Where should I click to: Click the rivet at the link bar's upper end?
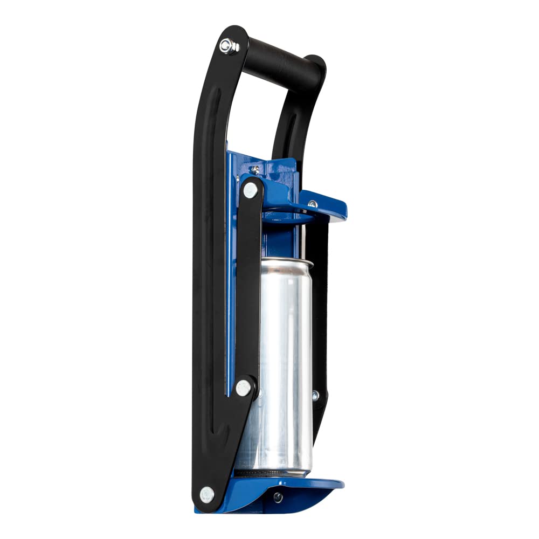click(250, 190)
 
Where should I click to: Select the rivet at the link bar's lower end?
click(244, 386)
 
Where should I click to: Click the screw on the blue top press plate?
click(312, 204)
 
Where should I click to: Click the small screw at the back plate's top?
click(256, 169)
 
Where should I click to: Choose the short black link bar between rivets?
click(248, 286)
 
